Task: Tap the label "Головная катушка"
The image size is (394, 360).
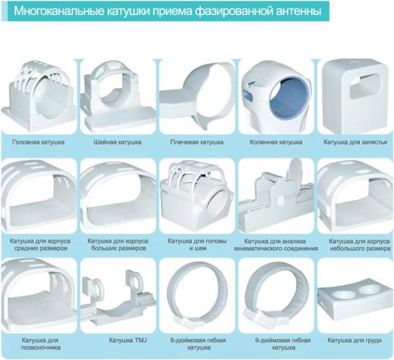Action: point(39,143)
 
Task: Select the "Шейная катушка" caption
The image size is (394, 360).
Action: point(118,143)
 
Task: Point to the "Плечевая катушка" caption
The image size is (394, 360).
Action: point(197,143)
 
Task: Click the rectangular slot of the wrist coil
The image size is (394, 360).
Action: point(365,86)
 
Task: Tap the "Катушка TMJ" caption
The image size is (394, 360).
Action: point(127,340)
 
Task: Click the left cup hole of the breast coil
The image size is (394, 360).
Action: point(341,295)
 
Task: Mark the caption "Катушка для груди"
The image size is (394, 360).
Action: point(355,340)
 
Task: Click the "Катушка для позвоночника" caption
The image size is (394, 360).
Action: point(41,344)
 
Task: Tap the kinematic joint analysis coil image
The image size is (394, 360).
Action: point(276,196)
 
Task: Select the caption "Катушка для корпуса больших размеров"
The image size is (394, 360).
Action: point(118,244)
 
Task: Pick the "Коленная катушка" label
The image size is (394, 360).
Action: point(276,143)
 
